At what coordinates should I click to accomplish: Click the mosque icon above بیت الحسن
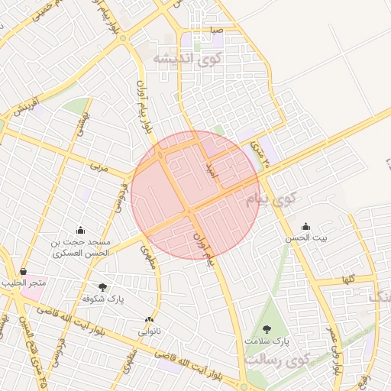pos(306,226)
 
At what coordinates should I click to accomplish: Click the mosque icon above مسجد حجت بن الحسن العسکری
pos(81,230)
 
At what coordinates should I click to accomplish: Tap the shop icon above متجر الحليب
pos(24,271)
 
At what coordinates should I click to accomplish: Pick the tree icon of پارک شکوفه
pos(102,287)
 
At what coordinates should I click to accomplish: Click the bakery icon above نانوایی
pos(149,320)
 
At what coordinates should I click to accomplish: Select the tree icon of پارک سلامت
pos(266,328)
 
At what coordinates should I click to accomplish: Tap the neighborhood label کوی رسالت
pos(279,358)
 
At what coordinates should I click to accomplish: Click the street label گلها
pos(350,280)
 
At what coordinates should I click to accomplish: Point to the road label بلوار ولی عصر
pos(334,348)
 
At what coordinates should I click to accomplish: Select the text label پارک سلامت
pos(267,341)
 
